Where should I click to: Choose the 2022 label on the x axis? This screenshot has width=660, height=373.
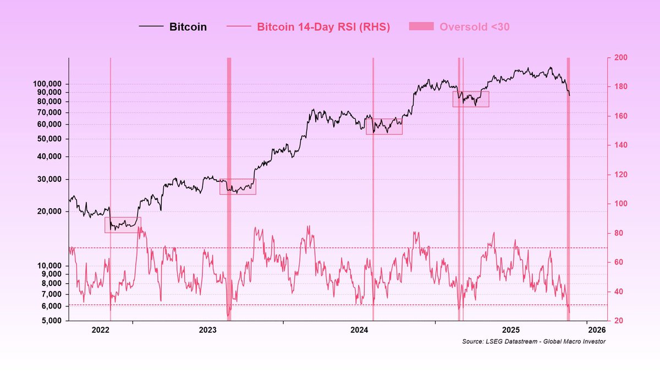[x=101, y=330]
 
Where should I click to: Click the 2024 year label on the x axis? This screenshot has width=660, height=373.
[x=359, y=330]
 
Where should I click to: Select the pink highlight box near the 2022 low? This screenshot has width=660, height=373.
[x=123, y=225]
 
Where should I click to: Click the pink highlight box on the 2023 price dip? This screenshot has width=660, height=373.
[x=238, y=187]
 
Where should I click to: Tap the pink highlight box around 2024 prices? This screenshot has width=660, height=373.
[x=384, y=126]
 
